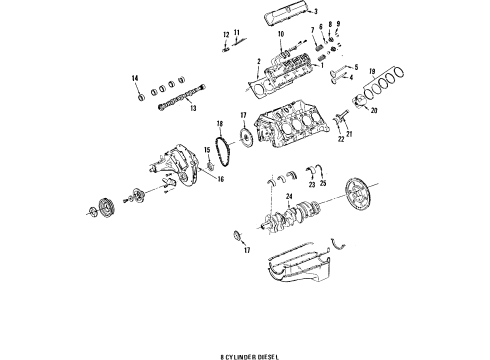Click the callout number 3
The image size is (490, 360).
click(x=289, y=11)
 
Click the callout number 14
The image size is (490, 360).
click(x=135, y=78)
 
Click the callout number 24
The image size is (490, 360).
click(x=288, y=198)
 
